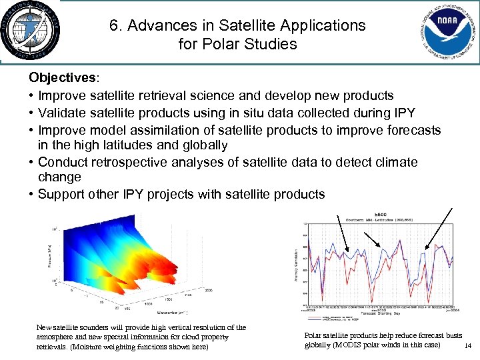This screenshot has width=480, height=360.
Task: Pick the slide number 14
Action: pyautogui.click(x=467, y=346)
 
